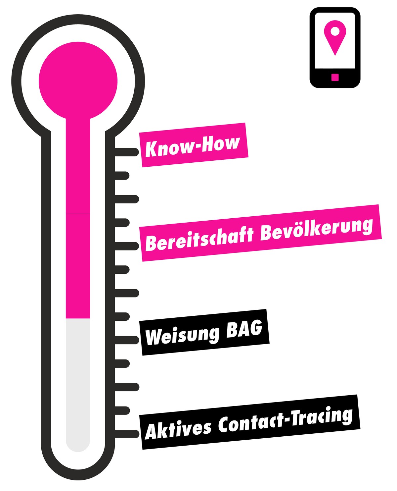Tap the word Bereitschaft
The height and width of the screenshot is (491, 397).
tap(199, 239)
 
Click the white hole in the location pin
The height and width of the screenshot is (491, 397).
tap(335, 31)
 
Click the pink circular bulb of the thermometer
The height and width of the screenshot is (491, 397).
tap(78, 81)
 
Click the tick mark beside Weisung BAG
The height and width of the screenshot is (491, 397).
tap(126, 340)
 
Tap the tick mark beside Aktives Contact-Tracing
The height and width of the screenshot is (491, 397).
tap(126, 434)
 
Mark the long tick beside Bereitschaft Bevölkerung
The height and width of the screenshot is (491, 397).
tap(126, 246)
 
